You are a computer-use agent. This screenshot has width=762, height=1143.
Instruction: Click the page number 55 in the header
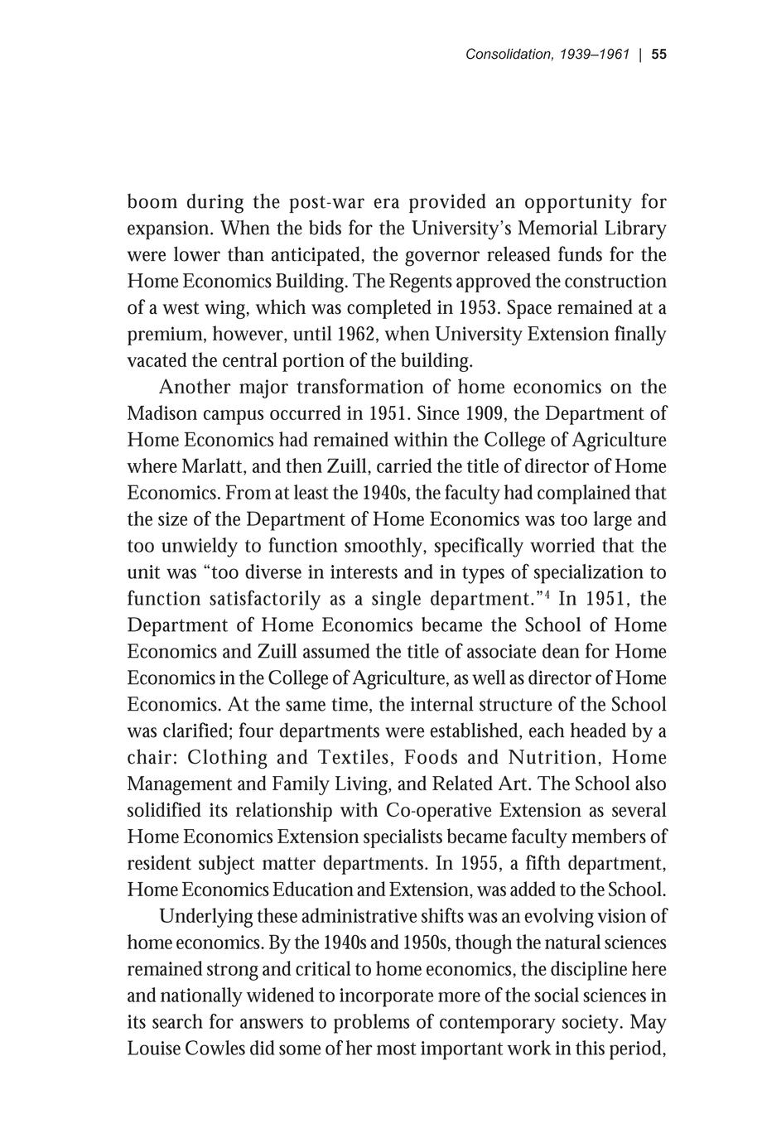point(659,55)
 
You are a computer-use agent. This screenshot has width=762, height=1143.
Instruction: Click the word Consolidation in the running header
point(509,55)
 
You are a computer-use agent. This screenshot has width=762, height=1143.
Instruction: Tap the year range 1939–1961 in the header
point(595,55)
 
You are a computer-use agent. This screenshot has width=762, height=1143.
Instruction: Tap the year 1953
point(478,307)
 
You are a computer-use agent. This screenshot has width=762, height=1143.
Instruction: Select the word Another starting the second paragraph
point(194,387)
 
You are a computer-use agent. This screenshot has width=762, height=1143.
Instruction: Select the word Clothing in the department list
point(228,758)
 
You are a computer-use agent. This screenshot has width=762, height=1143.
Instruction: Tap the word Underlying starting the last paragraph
point(205,917)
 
